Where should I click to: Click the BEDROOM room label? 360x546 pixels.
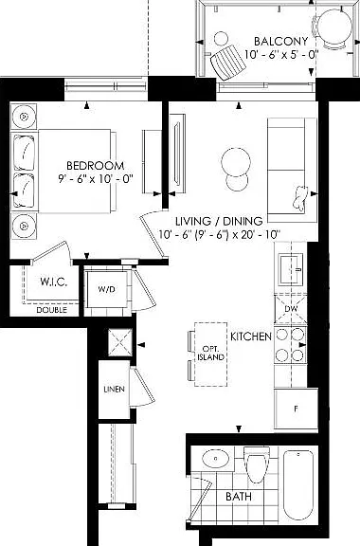(x=95, y=165)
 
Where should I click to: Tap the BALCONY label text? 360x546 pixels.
(x=280, y=41)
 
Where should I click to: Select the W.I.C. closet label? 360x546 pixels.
(x=54, y=282)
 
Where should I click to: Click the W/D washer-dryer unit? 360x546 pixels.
(x=106, y=289)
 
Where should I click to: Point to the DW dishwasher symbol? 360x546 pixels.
(x=291, y=309)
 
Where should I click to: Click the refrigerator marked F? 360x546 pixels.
(x=296, y=409)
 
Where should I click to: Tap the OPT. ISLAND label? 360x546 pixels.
(x=210, y=353)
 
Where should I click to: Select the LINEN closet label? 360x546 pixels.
(x=115, y=389)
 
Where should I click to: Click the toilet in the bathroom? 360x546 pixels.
(x=257, y=464)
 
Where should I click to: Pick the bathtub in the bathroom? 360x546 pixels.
(x=298, y=484)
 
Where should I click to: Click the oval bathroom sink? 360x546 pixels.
(x=215, y=459)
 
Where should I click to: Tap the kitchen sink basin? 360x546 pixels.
(x=292, y=269)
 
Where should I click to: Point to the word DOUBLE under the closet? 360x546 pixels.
(x=52, y=310)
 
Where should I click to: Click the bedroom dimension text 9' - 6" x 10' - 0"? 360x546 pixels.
(x=96, y=179)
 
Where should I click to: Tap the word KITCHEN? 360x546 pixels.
(x=251, y=337)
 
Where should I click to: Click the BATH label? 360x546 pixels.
(x=239, y=496)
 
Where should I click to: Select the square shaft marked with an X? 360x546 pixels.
(x=120, y=342)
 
